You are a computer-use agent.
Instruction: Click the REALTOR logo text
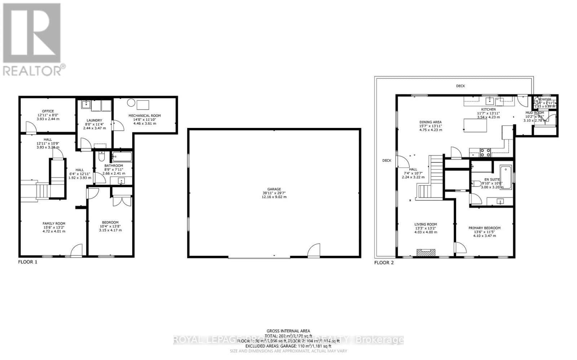point(34,70)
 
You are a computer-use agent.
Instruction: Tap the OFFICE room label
point(48,111)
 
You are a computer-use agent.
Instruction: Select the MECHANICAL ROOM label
point(145,116)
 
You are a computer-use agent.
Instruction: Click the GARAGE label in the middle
point(274,189)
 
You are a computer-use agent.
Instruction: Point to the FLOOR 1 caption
point(28,262)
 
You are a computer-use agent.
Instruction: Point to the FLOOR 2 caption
point(384,263)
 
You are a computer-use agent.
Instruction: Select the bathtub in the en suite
point(506,177)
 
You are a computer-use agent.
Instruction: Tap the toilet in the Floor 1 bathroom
point(101,157)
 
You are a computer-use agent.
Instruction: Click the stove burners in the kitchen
point(485,153)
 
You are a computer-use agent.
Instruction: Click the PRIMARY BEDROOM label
point(484,228)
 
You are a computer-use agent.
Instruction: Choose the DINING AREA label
point(430,122)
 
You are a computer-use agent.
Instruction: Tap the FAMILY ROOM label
point(54,223)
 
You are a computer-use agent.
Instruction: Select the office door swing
point(31,126)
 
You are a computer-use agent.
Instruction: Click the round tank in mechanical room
point(131,103)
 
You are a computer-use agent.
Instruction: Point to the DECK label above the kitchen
point(461,86)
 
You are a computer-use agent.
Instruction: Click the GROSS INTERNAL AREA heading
point(288,331)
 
